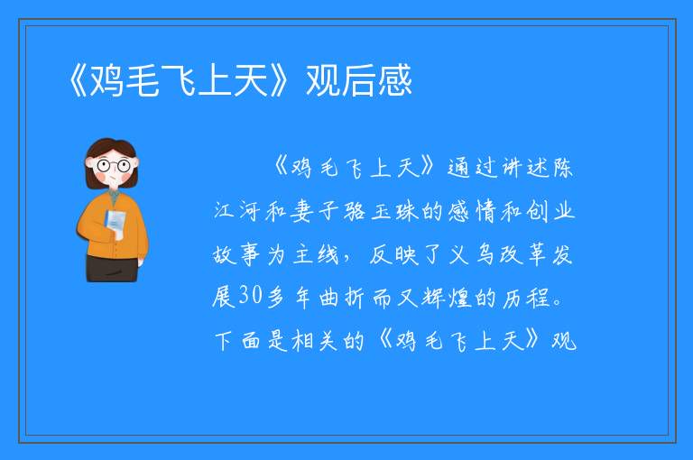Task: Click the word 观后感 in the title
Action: click(x=359, y=80)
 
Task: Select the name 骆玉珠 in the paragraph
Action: click(x=380, y=211)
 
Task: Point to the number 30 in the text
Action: click(x=251, y=295)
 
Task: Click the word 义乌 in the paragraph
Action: click(x=471, y=254)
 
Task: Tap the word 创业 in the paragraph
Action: click(x=550, y=211)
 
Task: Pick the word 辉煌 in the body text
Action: click(x=447, y=297)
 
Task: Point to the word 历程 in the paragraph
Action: click(x=526, y=297)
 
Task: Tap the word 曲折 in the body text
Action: click(x=342, y=297)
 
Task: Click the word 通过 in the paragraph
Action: click(x=472, y=168)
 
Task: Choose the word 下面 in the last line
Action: click(x=238, y=341)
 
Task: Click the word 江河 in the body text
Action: click(x=237, y=211)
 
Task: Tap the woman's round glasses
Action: click(x=114, y=166)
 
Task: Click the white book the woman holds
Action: click(x=115, y=224)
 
